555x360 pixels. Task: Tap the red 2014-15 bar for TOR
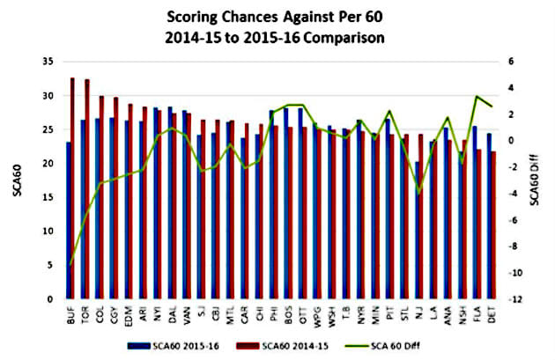87,189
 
